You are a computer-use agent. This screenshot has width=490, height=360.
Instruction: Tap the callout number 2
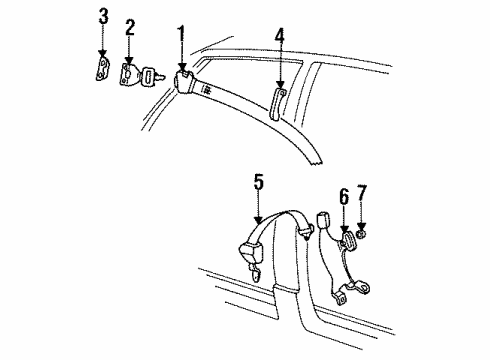130,27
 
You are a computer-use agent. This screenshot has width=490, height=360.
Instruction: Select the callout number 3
103,17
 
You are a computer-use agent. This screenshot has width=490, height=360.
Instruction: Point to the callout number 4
280,36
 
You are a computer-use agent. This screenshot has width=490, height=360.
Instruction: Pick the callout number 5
259,182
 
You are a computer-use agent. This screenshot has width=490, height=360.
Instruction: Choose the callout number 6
344,197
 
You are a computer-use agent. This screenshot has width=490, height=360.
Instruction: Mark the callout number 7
362,193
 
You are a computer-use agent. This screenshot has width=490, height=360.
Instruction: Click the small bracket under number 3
102,69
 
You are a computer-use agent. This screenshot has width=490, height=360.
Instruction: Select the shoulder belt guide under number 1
183,82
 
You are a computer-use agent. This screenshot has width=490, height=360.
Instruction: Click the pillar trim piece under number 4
277,104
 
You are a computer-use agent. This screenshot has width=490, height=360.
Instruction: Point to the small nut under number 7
361,235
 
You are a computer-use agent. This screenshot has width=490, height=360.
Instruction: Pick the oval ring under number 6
349,241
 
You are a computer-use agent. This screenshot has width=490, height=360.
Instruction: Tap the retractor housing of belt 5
251,253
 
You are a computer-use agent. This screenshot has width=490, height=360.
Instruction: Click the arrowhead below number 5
258,219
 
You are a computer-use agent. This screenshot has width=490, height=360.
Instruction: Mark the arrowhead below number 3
103,54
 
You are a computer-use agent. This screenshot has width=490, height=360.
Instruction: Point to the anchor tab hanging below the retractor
257,275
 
